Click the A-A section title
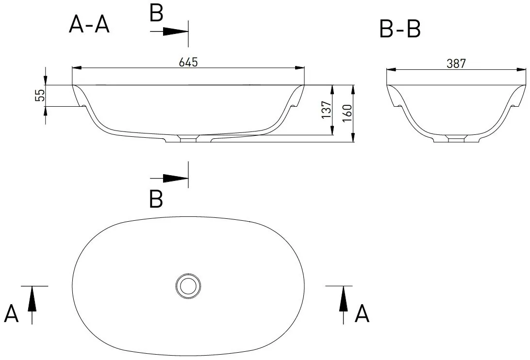pos(89,24)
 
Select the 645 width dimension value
pos(188,62)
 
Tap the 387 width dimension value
pos(456,64)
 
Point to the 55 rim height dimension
pos(40,95)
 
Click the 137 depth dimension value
pos(327,109)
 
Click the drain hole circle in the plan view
pos(188,286)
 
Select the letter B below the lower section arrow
pos(156,199)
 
